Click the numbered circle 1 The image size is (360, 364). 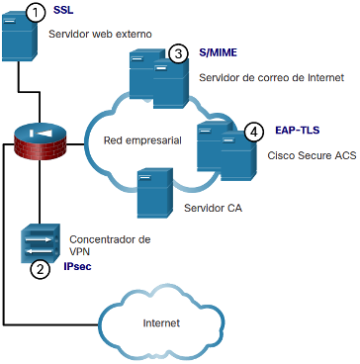point(35,14)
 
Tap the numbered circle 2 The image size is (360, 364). point(40,270)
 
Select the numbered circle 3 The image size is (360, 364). point(178,54)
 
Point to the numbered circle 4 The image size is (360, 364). point(253,132)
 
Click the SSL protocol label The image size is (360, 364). point(63,11)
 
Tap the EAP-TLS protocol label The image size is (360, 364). point(298,131)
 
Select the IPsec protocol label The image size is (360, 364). point(77,266)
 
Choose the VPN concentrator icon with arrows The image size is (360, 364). point(41,243)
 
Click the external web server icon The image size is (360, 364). point(19,36)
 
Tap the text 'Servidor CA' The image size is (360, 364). point(214,208)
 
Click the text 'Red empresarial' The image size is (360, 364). point(142,140)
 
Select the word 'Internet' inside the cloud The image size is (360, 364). point(161,322)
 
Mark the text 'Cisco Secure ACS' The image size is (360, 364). point(312,155)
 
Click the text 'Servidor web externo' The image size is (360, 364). point(100,34)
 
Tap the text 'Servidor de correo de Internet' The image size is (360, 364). point(272,78)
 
